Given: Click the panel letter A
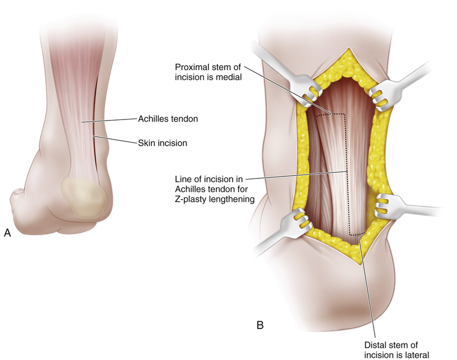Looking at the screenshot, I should [7, 233].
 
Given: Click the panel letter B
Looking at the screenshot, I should [260, 324].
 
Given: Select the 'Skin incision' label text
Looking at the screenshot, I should [163, 142].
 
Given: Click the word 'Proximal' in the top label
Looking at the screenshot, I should [192, 67].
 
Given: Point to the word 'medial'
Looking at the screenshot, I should [231, 77].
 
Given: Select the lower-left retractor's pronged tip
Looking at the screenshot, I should [302, 219].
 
